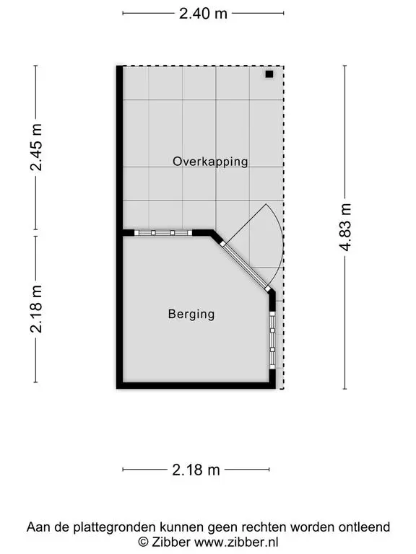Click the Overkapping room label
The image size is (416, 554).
(x=210, y=162)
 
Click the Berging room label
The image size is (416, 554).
(x=191, y=314)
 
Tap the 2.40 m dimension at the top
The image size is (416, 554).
(x=203, y=14)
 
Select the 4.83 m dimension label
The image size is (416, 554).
(x=345, y=227)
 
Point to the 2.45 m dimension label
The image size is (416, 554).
(x=35, y=147)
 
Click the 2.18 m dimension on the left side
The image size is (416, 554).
(x=35, y=309)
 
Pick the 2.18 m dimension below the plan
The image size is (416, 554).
(x=196, y=470)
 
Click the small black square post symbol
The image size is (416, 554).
(x=269, y=74)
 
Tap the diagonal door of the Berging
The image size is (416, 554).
(x=246, y=267)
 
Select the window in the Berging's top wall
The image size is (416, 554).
(x=163, y=233)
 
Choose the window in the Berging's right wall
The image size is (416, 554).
(x=272, y=340)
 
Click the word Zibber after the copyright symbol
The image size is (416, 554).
(x=171, y=542)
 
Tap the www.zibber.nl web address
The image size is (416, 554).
(x=236, y=542)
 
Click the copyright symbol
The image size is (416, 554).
(x=143, y=542)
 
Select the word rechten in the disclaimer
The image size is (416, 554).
(x=267, y=527)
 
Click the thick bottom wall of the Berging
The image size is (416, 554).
(x=196, y=385)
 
